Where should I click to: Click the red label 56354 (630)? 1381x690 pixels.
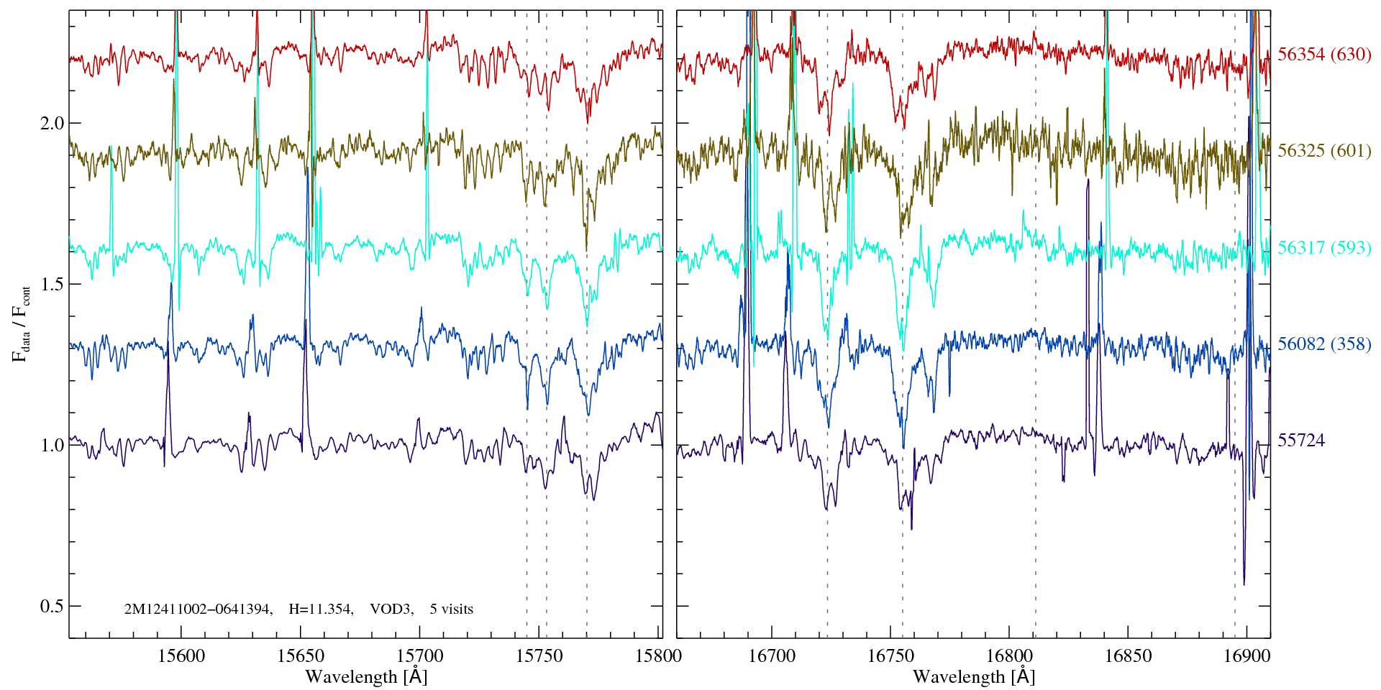1324,55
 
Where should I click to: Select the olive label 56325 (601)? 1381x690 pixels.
1324,151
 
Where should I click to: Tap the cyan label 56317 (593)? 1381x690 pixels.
1324,248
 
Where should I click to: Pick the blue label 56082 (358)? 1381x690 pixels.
1324,344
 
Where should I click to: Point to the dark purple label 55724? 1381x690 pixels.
1300,441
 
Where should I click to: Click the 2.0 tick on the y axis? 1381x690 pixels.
51,123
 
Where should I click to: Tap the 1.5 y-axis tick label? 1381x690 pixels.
51,284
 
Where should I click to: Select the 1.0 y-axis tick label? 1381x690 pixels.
51,445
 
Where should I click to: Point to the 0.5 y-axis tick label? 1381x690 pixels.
51,606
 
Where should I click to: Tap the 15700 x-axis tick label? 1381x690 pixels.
420,655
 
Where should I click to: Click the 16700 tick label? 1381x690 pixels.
772,655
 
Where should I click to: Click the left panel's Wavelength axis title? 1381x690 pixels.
366,677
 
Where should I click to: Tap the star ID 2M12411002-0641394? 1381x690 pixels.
198,609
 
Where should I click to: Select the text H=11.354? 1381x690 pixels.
320,609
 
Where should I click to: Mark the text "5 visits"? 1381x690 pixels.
451,609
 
